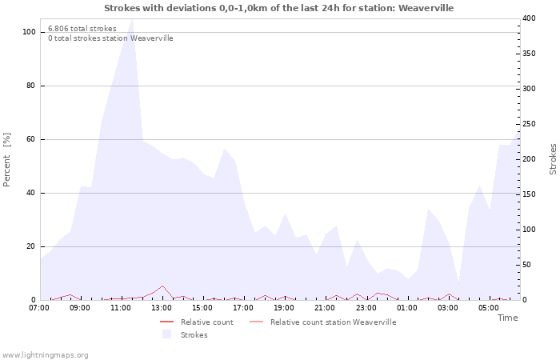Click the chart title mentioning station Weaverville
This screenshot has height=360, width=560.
pos(278,8)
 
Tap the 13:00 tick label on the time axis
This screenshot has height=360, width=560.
pos(162,308)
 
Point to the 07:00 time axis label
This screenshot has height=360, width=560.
pos(39,308)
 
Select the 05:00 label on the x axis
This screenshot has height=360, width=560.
pos(489,308)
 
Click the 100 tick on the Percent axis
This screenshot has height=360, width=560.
pos(30,32)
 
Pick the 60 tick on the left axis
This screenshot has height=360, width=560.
pos(31,139)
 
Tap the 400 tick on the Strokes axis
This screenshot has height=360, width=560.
pos(529,18)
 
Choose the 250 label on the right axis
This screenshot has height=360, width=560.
pos(529,124)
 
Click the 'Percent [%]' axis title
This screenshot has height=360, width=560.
pos(6,159)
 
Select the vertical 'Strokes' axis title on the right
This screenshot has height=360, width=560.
pos(553,159)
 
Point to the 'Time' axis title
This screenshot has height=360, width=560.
pos(507,318)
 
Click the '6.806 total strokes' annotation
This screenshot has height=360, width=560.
pos(82,29)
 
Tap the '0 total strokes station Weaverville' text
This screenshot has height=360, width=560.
pos(110,38)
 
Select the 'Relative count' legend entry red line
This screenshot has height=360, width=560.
pos(166,322)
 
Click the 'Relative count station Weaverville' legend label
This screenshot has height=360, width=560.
pos(334,322)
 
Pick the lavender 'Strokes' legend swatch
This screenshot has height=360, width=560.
pos(166,334)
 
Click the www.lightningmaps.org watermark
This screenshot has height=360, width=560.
pos(45,355)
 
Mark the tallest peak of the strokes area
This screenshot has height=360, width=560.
pos(132,19)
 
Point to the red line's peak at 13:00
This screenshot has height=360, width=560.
pos(163,286)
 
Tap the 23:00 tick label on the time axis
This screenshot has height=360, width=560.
pos(366,308)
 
